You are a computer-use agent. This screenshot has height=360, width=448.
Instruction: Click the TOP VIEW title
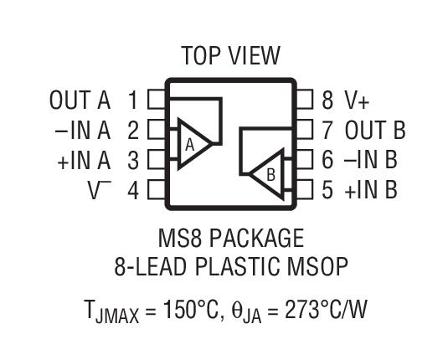pos(230,56)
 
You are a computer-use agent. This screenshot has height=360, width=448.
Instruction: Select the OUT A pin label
pos(80,101)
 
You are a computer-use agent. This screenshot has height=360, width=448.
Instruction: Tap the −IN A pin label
pos(80,131)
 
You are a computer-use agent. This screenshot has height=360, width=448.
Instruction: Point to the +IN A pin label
pos(84,160)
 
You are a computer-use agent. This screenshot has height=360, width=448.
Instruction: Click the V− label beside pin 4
pos(100,189)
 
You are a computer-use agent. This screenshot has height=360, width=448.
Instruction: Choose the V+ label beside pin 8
pos(356,101)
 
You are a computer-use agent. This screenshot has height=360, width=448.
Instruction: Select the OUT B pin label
pos(375,131)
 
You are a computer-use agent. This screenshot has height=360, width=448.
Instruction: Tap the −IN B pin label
pos(370,160)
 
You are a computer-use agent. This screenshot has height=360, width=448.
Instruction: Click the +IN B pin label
pos(370,189)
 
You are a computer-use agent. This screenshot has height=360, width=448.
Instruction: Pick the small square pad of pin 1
pos(156,101)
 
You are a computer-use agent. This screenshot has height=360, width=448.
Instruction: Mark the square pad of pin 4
pos(156,190)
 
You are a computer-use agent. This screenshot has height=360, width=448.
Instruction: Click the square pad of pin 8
pos(305,101)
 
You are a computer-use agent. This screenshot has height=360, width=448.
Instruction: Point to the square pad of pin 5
pos(305,190)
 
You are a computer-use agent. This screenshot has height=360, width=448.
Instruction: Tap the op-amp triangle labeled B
pos(266,174)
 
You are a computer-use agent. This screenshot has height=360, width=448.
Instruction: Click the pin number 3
pos(132,160)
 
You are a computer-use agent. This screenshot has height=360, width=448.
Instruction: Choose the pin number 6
pos(327,160)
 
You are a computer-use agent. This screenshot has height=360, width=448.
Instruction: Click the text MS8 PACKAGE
pos(230,239)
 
